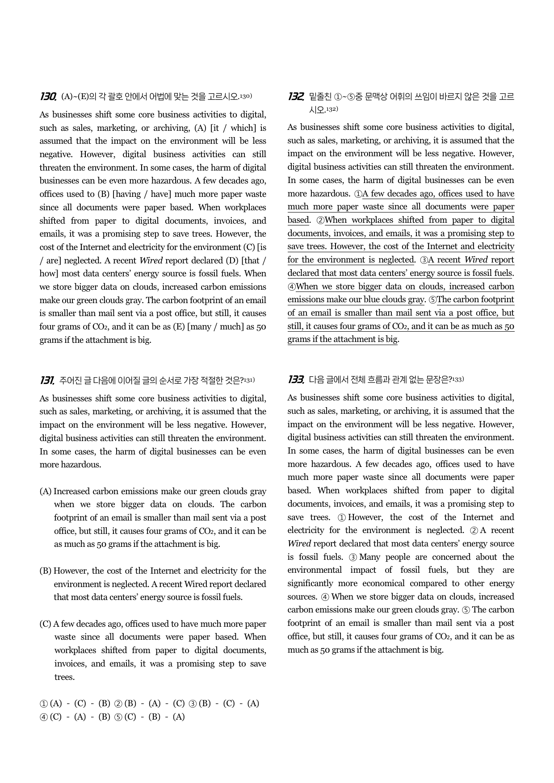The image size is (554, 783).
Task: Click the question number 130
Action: click(x=48, y=96)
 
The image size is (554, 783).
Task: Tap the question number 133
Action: click(x=296, y=379)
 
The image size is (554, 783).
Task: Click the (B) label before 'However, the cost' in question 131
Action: click(x=46, y=571)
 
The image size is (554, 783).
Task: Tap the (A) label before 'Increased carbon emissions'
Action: click(x=46, y=491)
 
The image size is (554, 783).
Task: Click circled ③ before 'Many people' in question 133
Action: click(x=353, y=557)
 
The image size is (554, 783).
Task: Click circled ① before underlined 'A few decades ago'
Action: click(x=358, y=194)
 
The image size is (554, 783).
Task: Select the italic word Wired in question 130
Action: click(x=151, y=261)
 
